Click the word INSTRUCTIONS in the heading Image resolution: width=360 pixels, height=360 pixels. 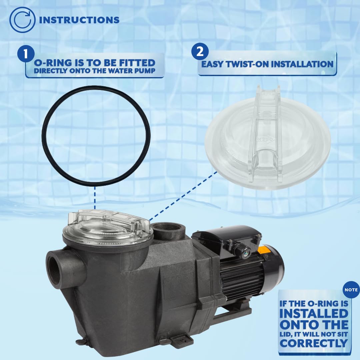pyautogui.click(x=79, y=20)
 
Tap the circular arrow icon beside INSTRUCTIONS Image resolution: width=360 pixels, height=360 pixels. pyautogui.click(x=22, y=20)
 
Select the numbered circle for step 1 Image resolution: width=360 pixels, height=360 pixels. pyautogui.click(x=26, y=54)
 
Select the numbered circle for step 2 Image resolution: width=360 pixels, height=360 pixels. pyautogui.click(x=200, y=52)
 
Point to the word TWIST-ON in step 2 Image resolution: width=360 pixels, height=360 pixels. pyautogui.click(x=247, y=64)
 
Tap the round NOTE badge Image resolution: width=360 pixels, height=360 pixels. pyautogui.click(x=351, y=290)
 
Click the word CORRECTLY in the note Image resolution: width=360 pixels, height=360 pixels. pyautogui.click(x=314, y=343)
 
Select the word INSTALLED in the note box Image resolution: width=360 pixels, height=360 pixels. pyautogui.click(x=314, y=314)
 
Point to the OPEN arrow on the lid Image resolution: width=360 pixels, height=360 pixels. pyautogui.click(x=266, y=139)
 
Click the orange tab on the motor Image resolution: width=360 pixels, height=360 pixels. pyautogui.click(x=263, y=250)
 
